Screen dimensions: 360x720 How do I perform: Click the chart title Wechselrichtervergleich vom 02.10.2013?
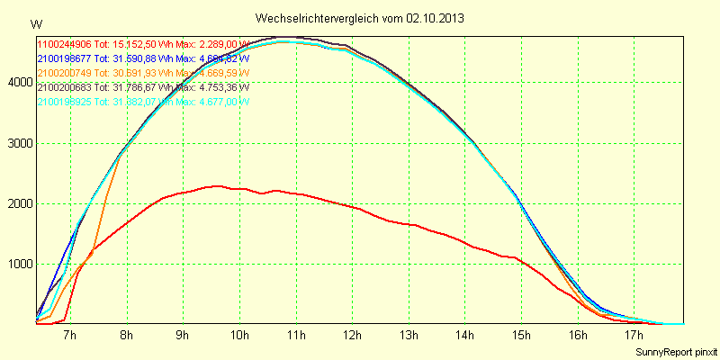(360, 18)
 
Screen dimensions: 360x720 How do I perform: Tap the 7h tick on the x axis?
(69, 336)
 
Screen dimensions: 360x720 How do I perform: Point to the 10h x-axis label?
(239, 336)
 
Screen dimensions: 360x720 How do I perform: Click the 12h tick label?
(352, 336)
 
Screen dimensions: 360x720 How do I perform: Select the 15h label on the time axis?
(521, 336)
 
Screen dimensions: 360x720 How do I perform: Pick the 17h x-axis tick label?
(634, 336)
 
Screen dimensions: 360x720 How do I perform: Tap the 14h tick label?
(465, 336)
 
